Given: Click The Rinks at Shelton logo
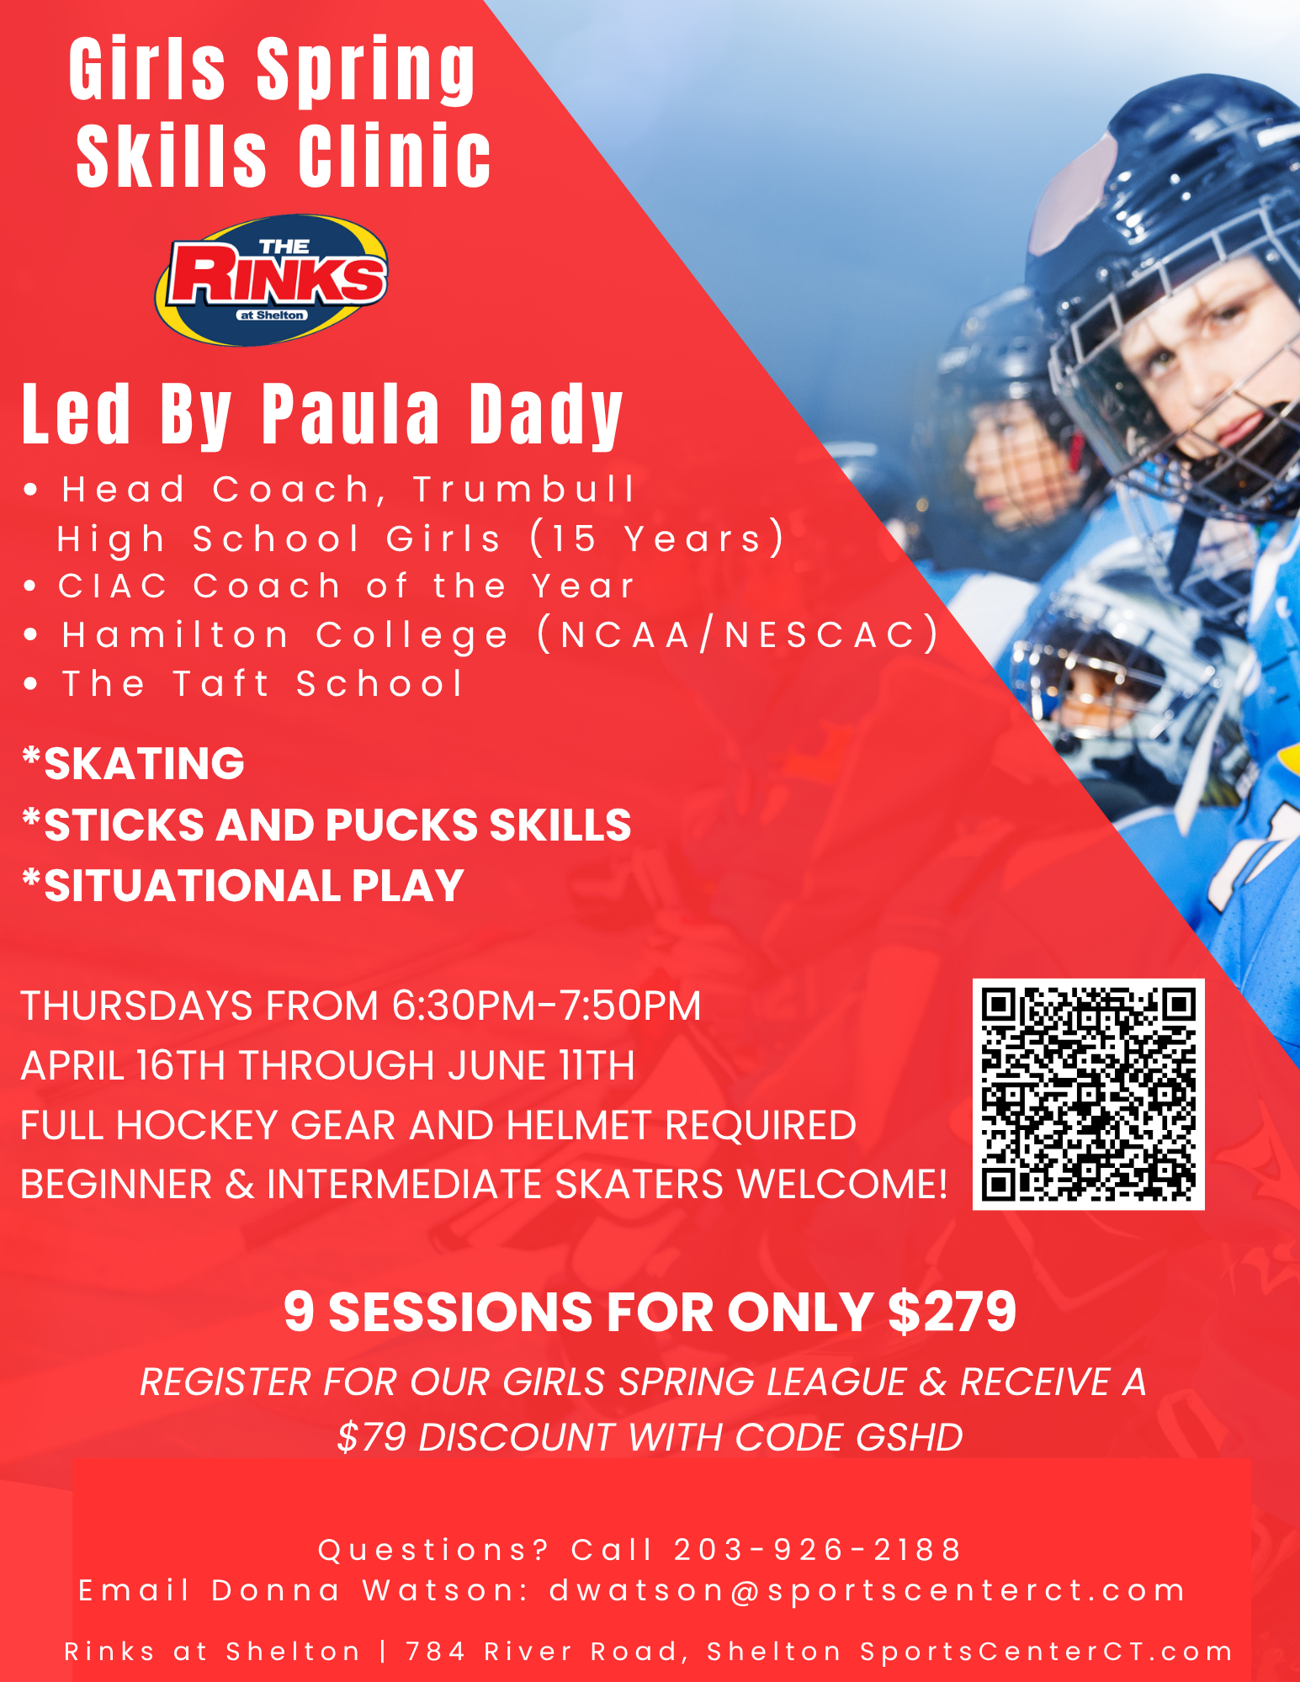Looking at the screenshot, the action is click(271, 279).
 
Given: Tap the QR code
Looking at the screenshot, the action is click(1088, 1094).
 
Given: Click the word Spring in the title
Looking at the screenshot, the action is click(366, 70).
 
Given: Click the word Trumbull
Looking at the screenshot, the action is click(523, 489).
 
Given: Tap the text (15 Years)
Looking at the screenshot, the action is click(657, 538).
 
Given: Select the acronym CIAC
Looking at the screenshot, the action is click(114, 586).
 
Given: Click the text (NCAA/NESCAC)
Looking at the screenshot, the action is click(738, 634).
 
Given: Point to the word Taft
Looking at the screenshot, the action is click(221, 683).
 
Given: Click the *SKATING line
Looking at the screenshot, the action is click(133, 763).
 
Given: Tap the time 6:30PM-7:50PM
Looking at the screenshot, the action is click(546, 1005).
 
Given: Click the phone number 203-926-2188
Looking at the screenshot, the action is click(817, 1549).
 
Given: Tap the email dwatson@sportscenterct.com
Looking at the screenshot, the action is click(868, 1590).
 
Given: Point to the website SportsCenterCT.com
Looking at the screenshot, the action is click(1046, 1651).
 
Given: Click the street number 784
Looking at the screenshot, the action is click(436, 1651).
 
